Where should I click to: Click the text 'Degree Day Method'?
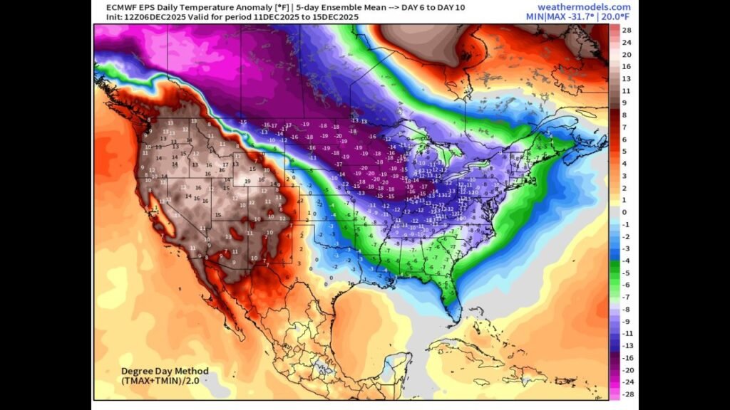tap(165, 371)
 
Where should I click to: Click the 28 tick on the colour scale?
tap(626, 31)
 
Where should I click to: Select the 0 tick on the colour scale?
tap(624, 212)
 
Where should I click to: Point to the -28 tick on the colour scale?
tap(626, 394)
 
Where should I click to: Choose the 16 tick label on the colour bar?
tap(626, 67)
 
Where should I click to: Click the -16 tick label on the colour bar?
tap(626, 357)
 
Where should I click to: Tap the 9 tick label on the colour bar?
tap(624, 103)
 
